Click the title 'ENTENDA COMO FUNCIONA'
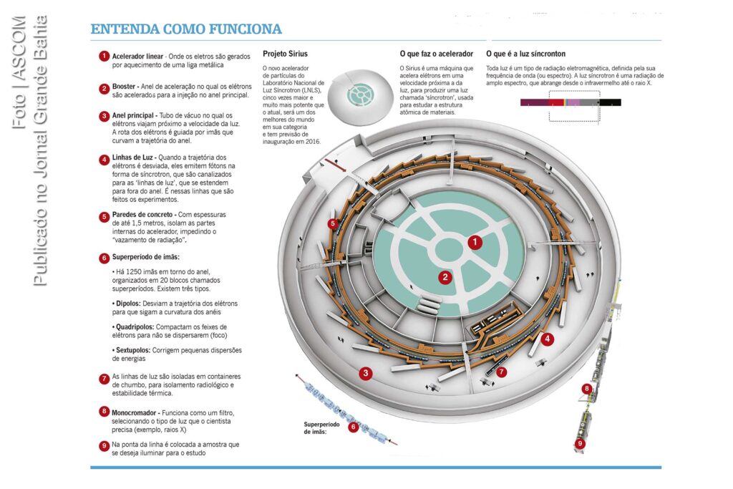click(x=186, y=29)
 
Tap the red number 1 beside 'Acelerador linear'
click(x=104, y=57)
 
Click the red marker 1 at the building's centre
click(x=475, y=242)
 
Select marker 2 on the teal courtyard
click(x=445, y=277)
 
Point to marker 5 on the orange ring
click(x=332, y=223)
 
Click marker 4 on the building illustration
click(x=548, y=339)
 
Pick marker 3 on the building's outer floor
click(x=366, y=373)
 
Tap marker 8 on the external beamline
click(x=587, y=389)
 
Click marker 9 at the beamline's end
click(x=580, y=443)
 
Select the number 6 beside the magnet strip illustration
click(x=354, y=427)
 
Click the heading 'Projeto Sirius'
click(x=285, y=54)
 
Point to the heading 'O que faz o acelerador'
click(x=436, y=54)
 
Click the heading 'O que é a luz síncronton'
click(x=526, y=54)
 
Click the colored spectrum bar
click(x=571, y=102)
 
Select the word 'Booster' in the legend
click(x=124, y=87)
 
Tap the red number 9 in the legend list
click(x=104, y=445)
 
